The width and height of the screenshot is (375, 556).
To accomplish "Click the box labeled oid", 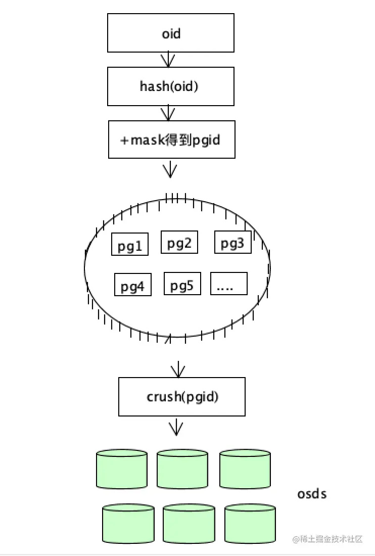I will (x=171, y=33).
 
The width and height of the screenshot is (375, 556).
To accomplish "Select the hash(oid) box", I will (x=171, y=86).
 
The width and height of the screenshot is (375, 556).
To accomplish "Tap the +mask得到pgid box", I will (x=171, y=140).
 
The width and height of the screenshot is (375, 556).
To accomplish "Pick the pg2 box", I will (x=179, y=242).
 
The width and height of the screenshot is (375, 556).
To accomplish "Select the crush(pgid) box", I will (x=182, y=397).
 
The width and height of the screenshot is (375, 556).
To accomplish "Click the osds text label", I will (x=312, y=493).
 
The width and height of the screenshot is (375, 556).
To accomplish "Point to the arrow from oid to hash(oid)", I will (x=168, y=60).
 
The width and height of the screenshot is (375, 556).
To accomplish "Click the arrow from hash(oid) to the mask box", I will (x=168, y=113).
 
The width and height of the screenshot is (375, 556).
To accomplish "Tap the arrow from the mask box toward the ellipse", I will (x=171, y=169).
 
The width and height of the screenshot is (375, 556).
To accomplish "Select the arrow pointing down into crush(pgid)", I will (x=177, y=369).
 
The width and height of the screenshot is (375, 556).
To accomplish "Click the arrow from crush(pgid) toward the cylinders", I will (x=175, y=427).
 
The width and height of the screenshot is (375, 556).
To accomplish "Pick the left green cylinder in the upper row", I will (x=122, y=469).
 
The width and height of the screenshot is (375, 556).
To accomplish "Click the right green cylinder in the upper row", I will (x=245, y=469).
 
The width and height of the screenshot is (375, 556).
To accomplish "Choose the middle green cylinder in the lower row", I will (x=189, y=524).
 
